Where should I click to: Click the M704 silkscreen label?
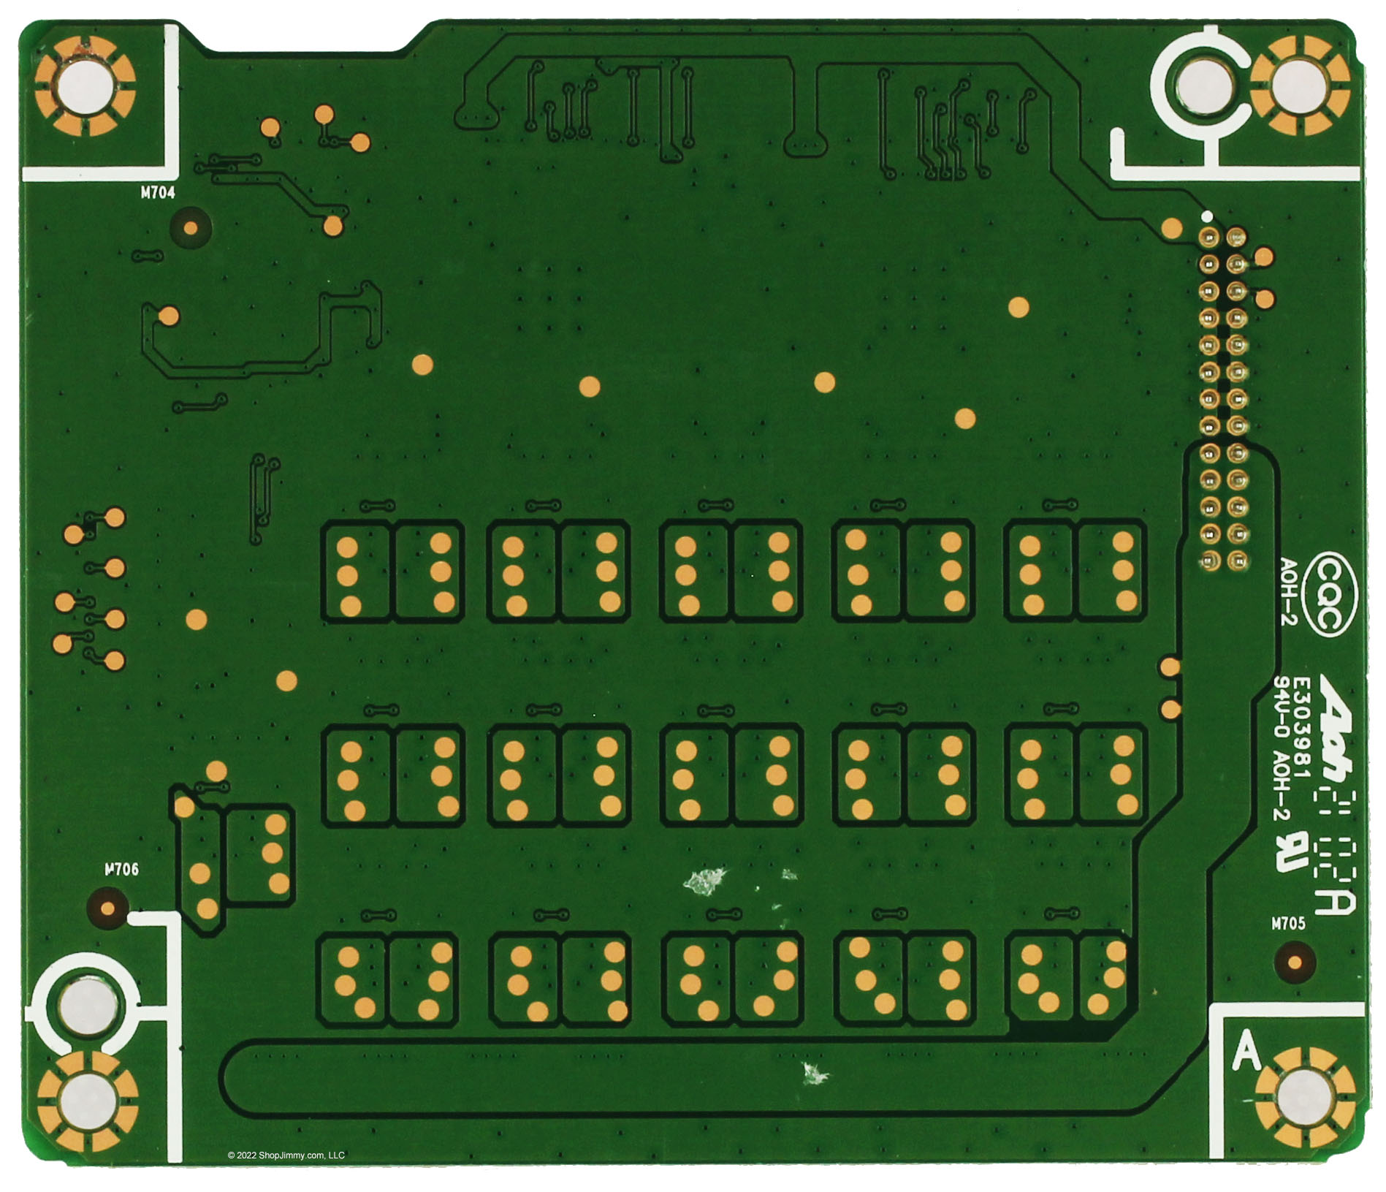(x=158, y=194)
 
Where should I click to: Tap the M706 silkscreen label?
(x=121, y=870)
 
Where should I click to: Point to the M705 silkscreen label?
(x=1288, y=924)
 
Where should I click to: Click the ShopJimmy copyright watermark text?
(x=286, y=1155)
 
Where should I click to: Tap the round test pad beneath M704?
(x=191, y=228)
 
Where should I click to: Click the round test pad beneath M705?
(x=1295, y=963)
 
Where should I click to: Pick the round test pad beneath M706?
(x=108, y=909)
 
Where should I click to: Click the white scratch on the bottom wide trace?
(x=812, y=1073)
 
